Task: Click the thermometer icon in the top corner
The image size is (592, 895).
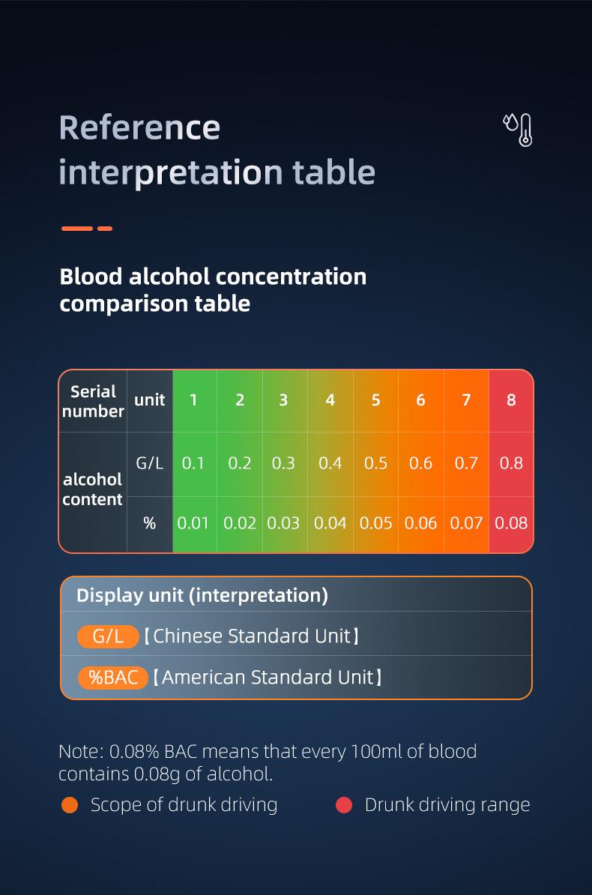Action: (519, 130)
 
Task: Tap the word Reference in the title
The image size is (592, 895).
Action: (139, 127)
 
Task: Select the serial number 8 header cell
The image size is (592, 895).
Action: (512, 401)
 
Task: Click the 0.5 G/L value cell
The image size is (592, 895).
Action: (375, 463)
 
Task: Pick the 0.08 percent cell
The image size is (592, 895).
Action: (512, 523)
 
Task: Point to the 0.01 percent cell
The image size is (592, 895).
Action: (193, 523)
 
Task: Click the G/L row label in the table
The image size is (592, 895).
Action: (150, 463)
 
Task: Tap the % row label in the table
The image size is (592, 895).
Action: (150, 523)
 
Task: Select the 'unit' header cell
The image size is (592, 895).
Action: (150, 401)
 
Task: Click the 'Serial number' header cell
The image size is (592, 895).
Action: (93, 401)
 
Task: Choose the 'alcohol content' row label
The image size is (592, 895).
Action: (92, 489)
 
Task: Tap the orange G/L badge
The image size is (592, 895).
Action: (108, 636)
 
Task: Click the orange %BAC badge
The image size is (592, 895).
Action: (113, 678)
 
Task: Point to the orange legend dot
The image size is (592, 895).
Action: (70, 805)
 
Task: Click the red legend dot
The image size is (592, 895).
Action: (344, 805)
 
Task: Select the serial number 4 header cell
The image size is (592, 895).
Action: (330, 401)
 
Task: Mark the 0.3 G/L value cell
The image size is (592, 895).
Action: (284, 463)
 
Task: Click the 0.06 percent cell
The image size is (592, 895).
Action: (420, 523)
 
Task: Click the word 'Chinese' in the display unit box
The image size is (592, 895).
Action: (188, 636)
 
